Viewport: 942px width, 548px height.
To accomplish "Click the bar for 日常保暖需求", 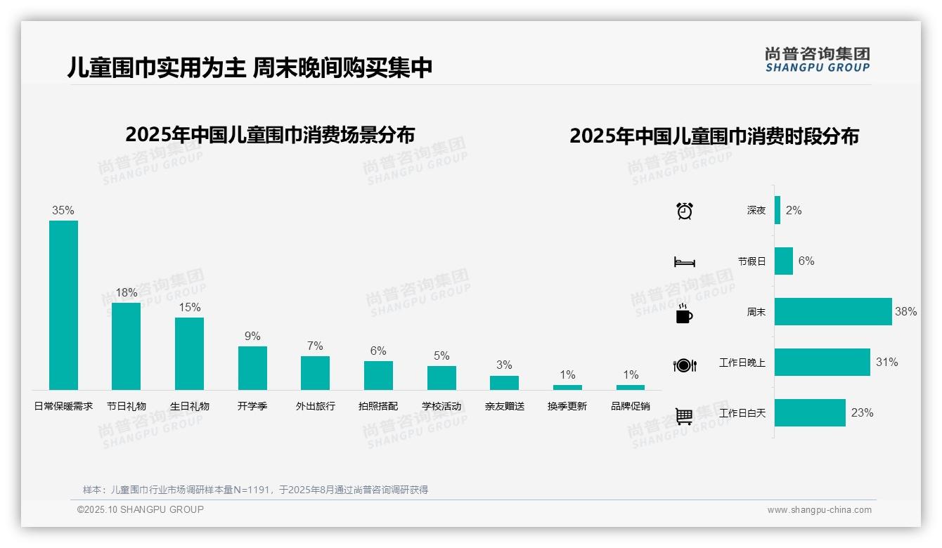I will point(63,305).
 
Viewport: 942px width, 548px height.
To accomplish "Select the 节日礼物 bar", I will point(127,346).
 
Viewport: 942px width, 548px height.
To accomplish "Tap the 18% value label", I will point(127,293).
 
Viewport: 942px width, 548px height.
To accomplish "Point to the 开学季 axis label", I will point(252,406).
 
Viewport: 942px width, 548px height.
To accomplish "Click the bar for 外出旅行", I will point(315,372).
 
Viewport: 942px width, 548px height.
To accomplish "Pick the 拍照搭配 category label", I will point(378,406).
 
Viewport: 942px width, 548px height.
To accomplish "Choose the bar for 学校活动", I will point(441,377).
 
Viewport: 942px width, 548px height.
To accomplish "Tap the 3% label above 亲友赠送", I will point(504,365).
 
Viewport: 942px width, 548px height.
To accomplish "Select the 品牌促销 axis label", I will point(631,406).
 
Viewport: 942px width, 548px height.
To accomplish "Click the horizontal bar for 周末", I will point(833,311).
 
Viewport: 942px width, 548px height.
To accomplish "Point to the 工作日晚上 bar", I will point(822,362).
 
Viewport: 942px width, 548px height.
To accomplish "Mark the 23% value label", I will point(862,413).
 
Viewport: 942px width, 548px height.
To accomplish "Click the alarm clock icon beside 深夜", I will point(685,211).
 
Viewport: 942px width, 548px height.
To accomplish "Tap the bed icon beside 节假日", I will point(685,262).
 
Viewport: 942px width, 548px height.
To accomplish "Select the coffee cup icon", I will point(684,313).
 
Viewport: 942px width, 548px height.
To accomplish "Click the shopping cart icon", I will point(684,416).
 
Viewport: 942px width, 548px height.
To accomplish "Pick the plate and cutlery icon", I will point(685,365).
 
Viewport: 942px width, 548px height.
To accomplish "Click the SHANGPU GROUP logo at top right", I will point(818,60).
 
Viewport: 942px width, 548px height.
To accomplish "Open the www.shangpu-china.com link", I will point(819,510).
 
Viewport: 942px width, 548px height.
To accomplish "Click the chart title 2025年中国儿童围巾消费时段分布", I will point(714,136).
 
